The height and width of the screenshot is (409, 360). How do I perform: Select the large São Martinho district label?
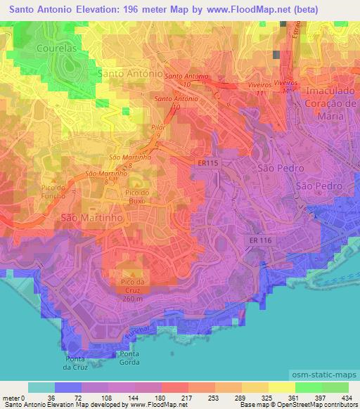pos(92,219)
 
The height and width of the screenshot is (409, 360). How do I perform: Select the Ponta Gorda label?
pos(129,357)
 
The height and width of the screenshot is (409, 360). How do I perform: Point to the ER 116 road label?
pos(261,240)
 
